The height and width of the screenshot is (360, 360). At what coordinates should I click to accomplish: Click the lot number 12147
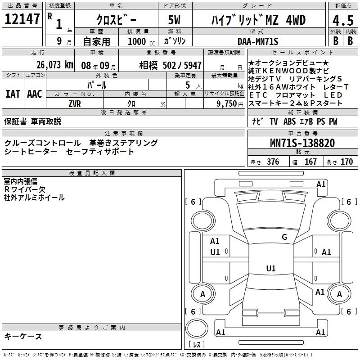(x=22, y=18)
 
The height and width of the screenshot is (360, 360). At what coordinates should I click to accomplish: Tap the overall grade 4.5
(x=343, y=21)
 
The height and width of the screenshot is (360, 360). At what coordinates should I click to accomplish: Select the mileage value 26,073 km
(x=54, y=65)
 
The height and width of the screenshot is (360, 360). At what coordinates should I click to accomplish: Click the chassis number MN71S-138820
(x=302, y=143)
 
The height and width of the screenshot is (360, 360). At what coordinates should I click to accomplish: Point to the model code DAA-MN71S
(x=258, y=41)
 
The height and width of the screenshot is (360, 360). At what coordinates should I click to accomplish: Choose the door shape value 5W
(x=174, y=20)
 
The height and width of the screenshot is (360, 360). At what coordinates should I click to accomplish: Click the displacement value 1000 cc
(x=141, y=41)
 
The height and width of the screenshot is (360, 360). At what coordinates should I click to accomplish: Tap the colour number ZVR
(x=75, y=104)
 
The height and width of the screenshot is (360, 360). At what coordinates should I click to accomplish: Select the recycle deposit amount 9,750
(x=227, y=104)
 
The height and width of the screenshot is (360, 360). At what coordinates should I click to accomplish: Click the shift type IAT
(x=13, y=94)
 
